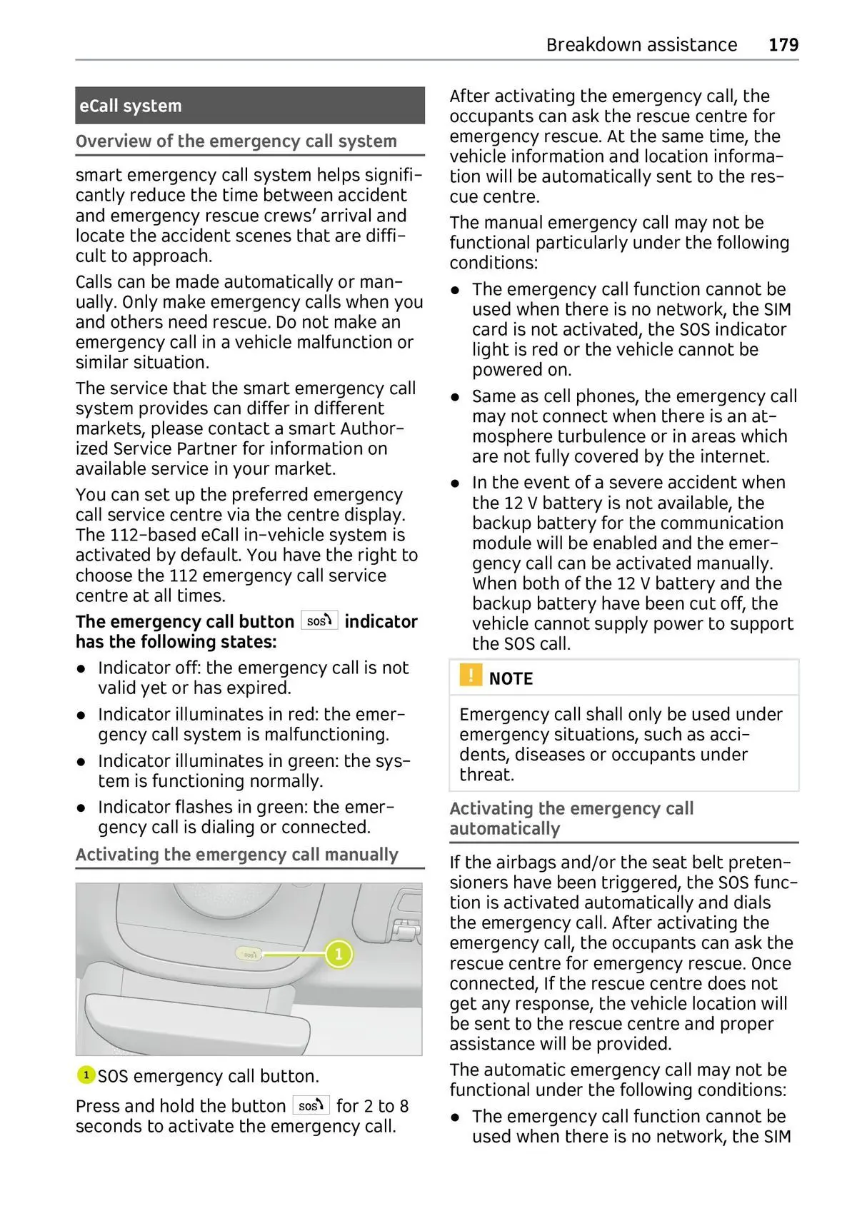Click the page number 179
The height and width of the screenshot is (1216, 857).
click(783, 45)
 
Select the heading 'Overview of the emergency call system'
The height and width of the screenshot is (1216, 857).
click(236, 141)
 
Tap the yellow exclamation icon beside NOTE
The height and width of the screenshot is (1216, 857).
click(471, 675)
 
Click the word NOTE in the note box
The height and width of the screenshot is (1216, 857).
click(511, 679)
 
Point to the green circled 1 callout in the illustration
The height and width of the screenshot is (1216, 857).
click(339, 954)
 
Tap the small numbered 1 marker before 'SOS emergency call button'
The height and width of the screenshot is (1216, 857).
click(86, 1075)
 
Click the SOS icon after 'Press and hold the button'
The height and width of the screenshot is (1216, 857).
click(311, 1105)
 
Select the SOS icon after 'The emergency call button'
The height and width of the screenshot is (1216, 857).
click(319, 620)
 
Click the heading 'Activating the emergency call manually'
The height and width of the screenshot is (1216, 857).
click(237, 855)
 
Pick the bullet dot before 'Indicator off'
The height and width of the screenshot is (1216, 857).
click(83, 668)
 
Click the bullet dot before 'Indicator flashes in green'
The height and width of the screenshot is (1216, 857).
click(83, 808)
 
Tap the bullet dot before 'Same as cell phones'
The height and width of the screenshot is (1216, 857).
click(456, 397)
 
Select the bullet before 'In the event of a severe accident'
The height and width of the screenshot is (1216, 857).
click(456, 483)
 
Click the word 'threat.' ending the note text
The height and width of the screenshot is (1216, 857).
click(486, 775)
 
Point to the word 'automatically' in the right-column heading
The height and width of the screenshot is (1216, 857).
click(505, 829)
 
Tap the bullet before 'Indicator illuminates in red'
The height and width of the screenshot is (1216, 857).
click(83, 715)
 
